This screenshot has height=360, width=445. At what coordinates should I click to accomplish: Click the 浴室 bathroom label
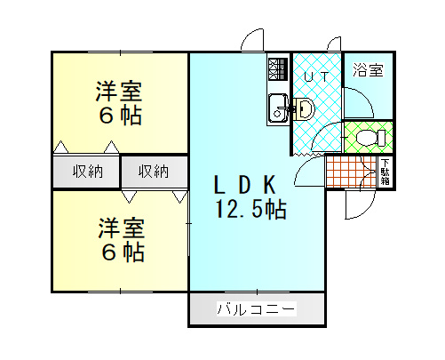[x=368, y=70]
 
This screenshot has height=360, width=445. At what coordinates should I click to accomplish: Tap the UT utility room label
[x=316, y=77]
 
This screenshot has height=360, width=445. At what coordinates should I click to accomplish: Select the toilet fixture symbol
[x=370, y=138]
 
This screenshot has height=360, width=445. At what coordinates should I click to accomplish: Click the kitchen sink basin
[x=278, y=108]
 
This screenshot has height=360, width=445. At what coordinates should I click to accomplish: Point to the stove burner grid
[x=278, y=69]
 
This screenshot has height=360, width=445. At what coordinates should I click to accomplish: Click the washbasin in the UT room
[x=304, y=108]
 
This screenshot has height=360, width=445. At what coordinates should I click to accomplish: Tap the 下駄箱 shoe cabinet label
[x=385, y=172]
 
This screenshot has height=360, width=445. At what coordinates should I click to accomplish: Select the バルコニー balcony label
[x=257, y=308]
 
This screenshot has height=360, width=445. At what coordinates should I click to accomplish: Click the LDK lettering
[x=244, y=184]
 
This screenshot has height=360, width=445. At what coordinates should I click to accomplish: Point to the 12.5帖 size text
[x=251, y=209]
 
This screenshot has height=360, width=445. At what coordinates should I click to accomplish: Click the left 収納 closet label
[x=88, y=172]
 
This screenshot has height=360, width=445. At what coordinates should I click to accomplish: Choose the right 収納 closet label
[x=154, y=172]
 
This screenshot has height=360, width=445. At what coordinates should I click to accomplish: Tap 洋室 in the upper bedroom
[x=119, y=92]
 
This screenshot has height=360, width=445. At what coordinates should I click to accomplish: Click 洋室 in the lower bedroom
[x=122, y=228]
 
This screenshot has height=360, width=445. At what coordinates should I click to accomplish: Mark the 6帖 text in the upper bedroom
[x=120, y=115]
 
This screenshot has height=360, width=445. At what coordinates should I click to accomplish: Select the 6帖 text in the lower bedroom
[x=123, y=252]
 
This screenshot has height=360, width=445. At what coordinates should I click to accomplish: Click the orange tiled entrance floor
[x=352, y=172]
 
